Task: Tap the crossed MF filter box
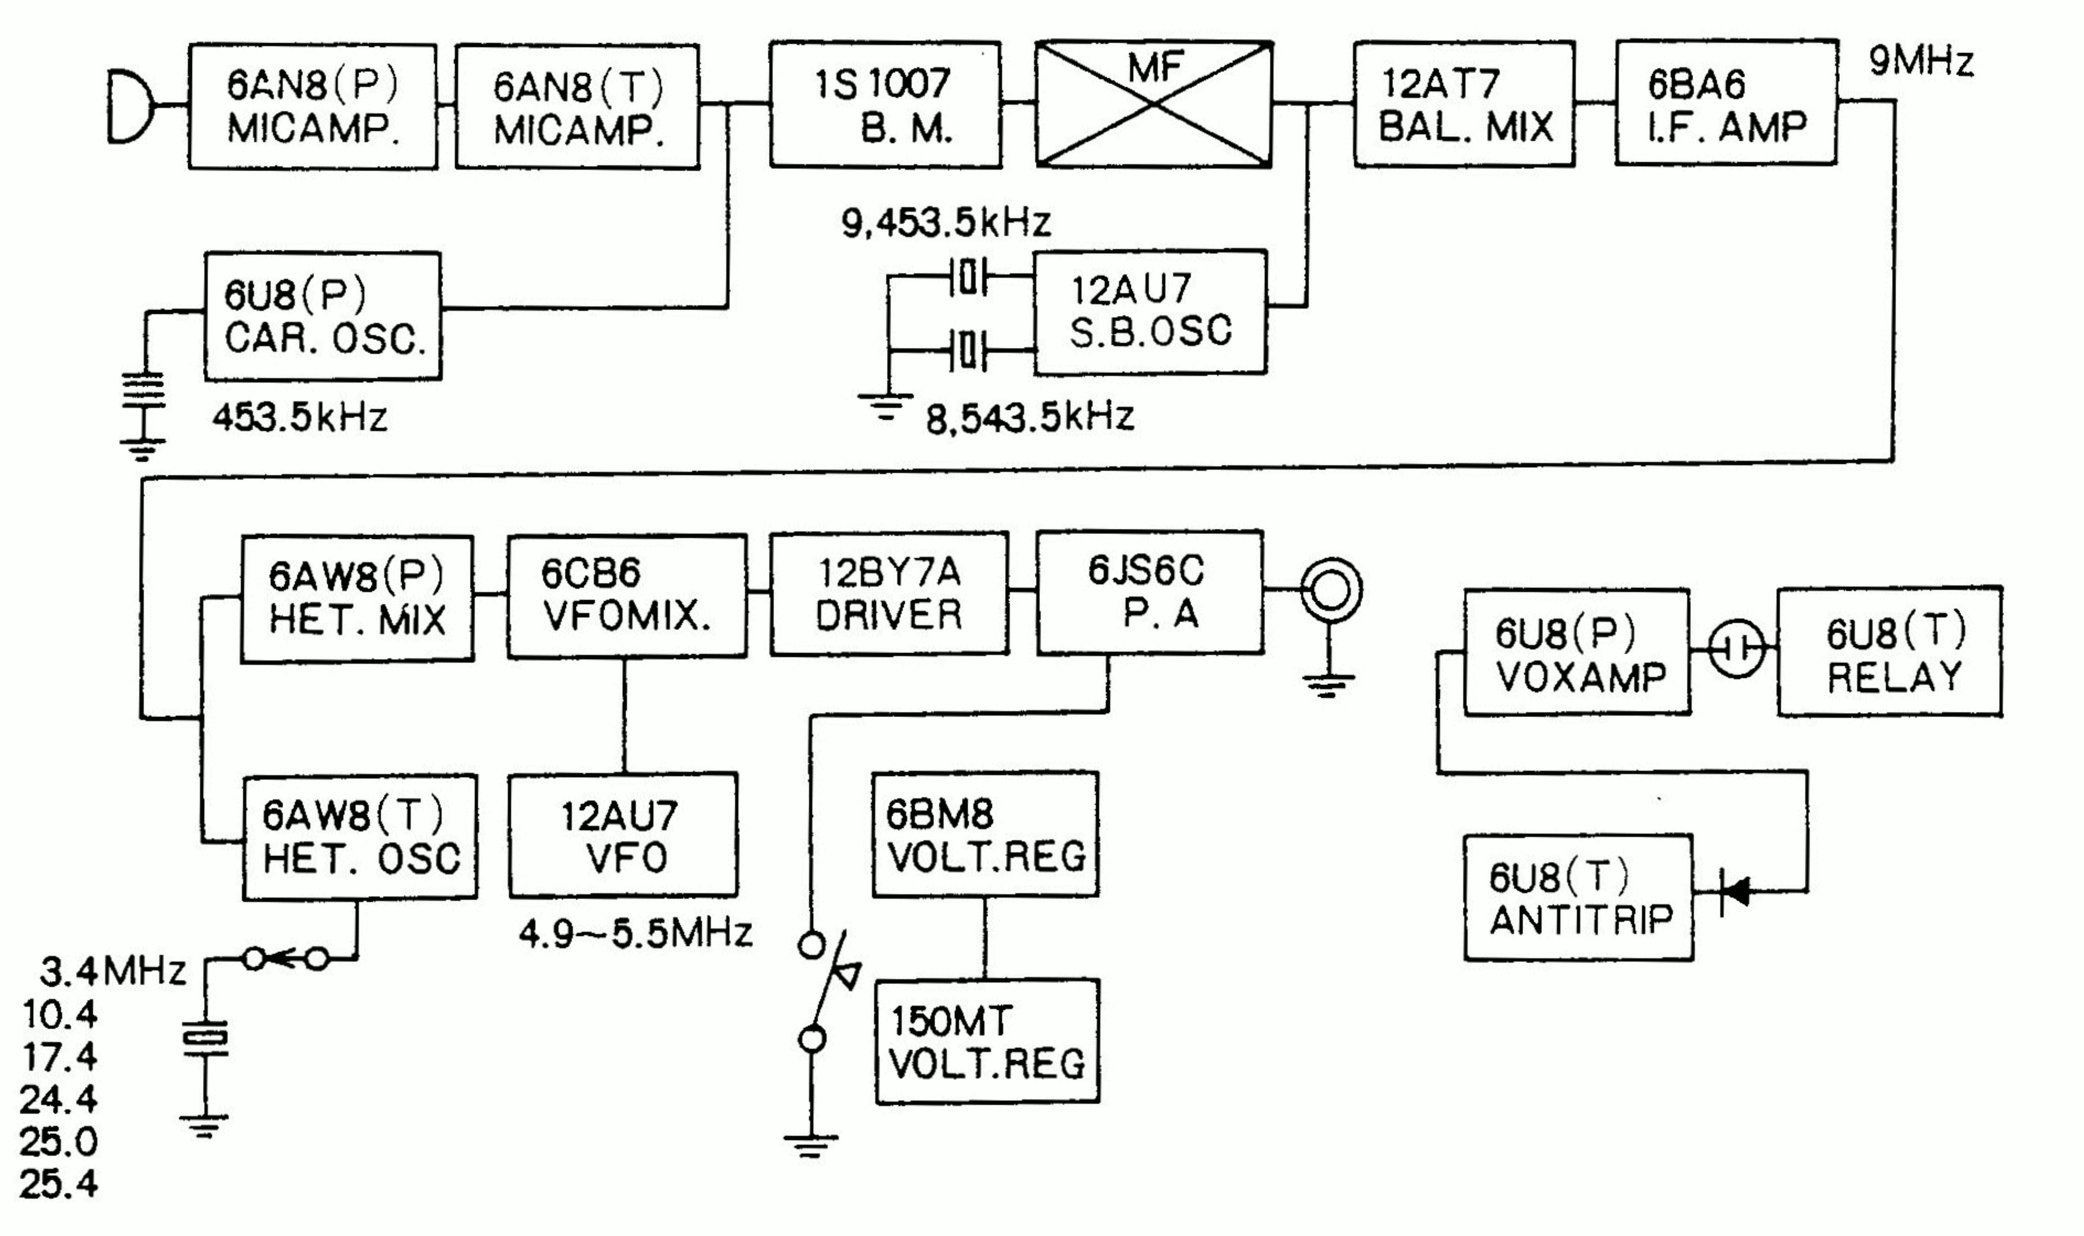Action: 1154,105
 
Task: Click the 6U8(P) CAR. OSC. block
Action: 323,316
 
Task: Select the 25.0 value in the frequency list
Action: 58,1142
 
